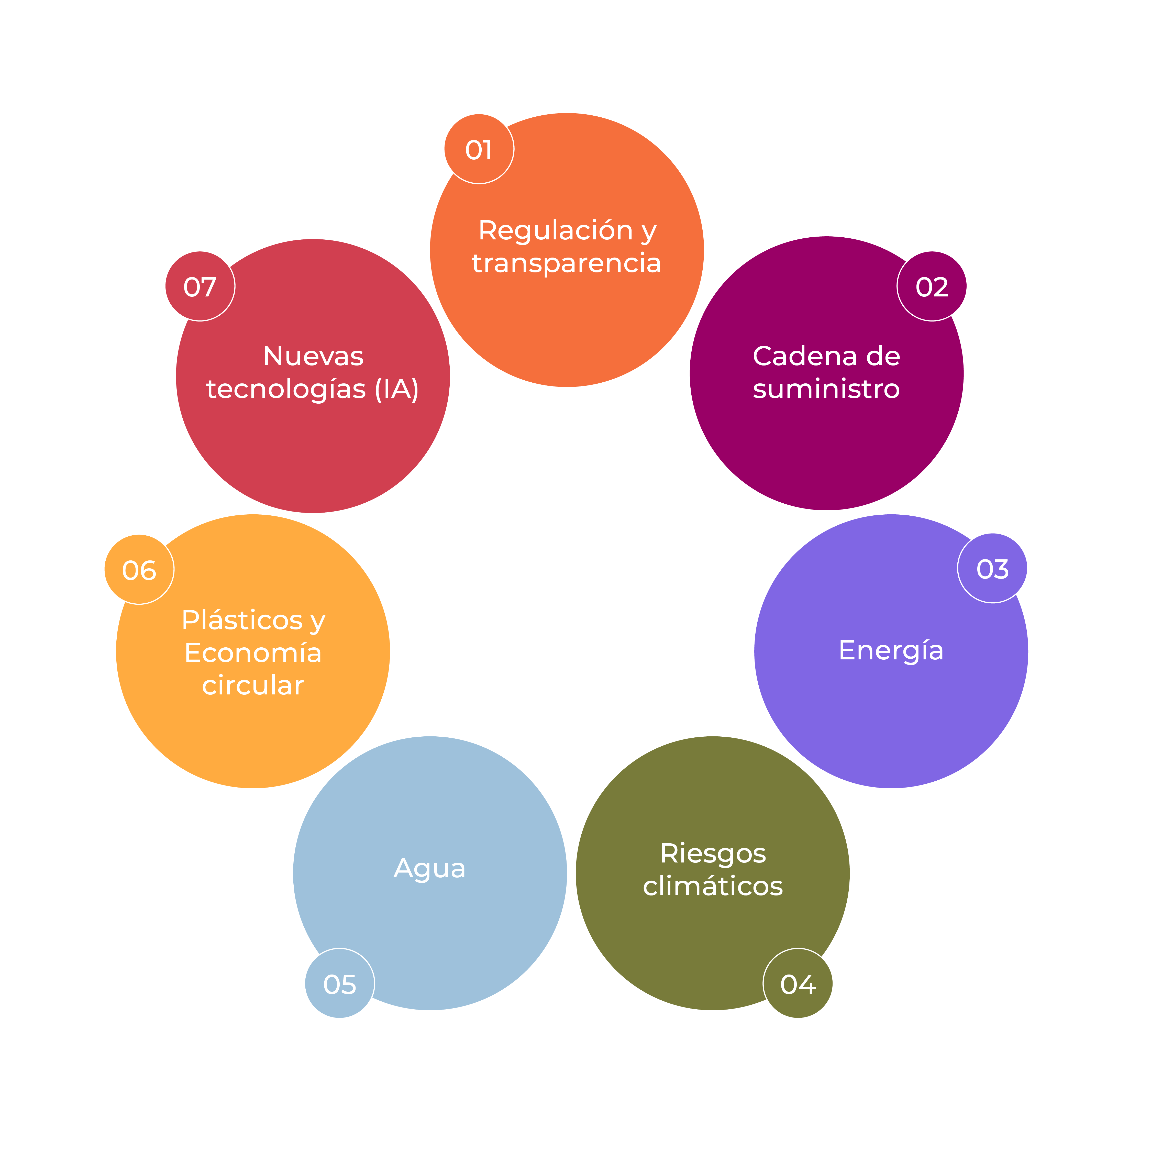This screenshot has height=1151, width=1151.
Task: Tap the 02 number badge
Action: (932, 286)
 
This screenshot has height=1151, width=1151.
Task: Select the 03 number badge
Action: (992, 568)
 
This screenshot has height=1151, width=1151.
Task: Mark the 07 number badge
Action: (200, 286)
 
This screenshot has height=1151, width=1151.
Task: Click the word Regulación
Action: (555, 230)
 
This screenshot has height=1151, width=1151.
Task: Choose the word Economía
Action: (253, 653)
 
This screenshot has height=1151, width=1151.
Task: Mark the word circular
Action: (253, 686)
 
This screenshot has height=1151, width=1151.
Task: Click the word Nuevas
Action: (313, 356)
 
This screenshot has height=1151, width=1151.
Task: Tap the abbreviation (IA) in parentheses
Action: (397, 389)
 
